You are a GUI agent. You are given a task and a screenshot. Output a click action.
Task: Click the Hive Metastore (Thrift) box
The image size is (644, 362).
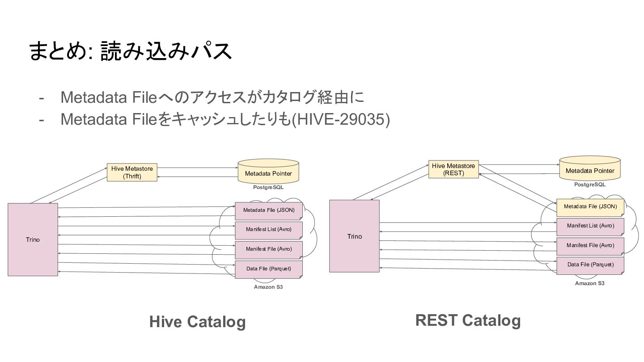pyautogui.click(x=132, y=173)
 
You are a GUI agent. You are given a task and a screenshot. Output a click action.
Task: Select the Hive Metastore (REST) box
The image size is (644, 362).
pyautogui.click(x=453, y=169)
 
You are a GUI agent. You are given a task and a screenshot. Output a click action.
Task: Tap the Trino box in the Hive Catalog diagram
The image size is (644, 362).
pyautogui.click(x=33, y=240)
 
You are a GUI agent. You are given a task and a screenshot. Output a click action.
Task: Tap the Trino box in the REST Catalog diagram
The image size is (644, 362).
pyautogui.click(x=354, y=236)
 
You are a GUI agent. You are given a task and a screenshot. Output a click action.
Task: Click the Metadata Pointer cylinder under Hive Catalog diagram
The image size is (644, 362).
pyautogui.click(x=268, y=171)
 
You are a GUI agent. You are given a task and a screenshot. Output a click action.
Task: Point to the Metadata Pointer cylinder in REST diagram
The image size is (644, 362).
pyautogui.click(x=589, y=168)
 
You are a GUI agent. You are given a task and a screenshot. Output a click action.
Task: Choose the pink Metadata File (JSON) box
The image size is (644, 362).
pyautogui.click(x=269, y=211)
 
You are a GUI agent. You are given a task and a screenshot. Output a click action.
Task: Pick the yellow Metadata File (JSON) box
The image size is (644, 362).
pyautogui.click(x=590, y=207)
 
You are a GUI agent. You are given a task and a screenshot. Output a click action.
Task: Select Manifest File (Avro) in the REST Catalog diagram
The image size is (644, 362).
pyautogui.click(x=590, y=246)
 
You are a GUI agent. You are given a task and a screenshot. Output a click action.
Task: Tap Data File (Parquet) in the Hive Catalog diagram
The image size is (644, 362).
pyautogui.click(x=269, y=269)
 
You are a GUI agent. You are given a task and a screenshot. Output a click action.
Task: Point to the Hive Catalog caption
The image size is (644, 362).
pyautogui.click(x=198, y=321)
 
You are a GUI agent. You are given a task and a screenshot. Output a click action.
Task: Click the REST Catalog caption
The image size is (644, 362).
pyautogui.click(x=468, y=320)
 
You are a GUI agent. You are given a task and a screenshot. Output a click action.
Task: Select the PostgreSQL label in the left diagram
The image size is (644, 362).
pyautogui.click(x=268, y=187)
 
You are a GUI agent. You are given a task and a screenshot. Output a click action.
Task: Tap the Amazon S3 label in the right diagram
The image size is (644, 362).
pyautogui.click(x=589, y=283)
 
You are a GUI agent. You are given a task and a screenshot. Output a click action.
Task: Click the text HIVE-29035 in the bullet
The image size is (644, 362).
pyautogui.click(x=340, y=119)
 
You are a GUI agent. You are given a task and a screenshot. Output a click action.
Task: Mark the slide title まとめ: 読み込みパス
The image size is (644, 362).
pyautogui.click(x=130, y=51)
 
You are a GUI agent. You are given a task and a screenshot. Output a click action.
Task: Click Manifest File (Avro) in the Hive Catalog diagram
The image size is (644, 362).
pyautogui.click(x=269, y=250)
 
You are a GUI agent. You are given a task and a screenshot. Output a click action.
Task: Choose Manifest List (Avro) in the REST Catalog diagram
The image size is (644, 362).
pyautogui.click(x=590, y=227)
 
